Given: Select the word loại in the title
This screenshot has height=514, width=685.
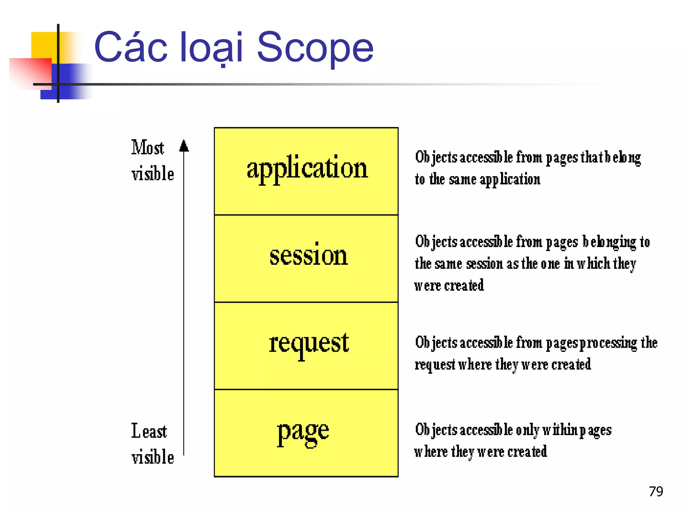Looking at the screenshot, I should [x=211, y=48].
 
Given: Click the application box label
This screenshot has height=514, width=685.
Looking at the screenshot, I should [x=307, y=168].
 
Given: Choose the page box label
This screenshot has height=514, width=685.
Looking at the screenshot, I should [x=303, y=432].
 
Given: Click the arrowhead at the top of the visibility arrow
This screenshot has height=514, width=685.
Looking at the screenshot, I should [x=184, y=146].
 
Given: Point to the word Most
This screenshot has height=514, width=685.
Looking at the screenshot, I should [x=148, y=148].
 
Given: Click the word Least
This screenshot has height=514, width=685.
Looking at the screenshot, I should [x=149, y=431].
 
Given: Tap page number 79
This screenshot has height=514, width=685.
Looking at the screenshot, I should [x=656, y=492].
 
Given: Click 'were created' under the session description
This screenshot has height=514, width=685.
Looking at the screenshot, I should [x=449, y=285].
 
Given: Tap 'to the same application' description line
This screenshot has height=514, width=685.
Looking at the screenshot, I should [x=477, y=180].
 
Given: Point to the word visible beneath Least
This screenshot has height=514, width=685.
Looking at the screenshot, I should [x=153, y=457].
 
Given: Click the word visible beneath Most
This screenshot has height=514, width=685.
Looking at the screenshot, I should [x=153, y=174].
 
